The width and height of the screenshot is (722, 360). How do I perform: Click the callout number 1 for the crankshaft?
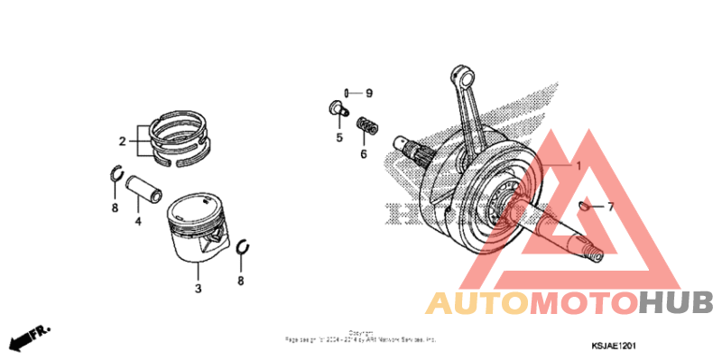579,167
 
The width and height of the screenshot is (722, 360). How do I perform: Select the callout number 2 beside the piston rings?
122,141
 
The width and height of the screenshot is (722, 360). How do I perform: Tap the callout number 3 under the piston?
198,289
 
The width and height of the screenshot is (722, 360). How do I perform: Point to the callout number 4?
138,221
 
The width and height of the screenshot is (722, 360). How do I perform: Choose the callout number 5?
340,138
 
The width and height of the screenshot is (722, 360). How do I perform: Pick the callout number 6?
364,153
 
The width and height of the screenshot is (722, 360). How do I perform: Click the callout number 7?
609,207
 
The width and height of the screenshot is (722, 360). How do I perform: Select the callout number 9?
368,93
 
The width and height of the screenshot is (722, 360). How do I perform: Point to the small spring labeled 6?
366,126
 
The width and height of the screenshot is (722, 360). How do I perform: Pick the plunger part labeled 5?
338,110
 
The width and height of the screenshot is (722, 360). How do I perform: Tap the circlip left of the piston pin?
116,175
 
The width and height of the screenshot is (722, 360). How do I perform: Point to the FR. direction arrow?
27,337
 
